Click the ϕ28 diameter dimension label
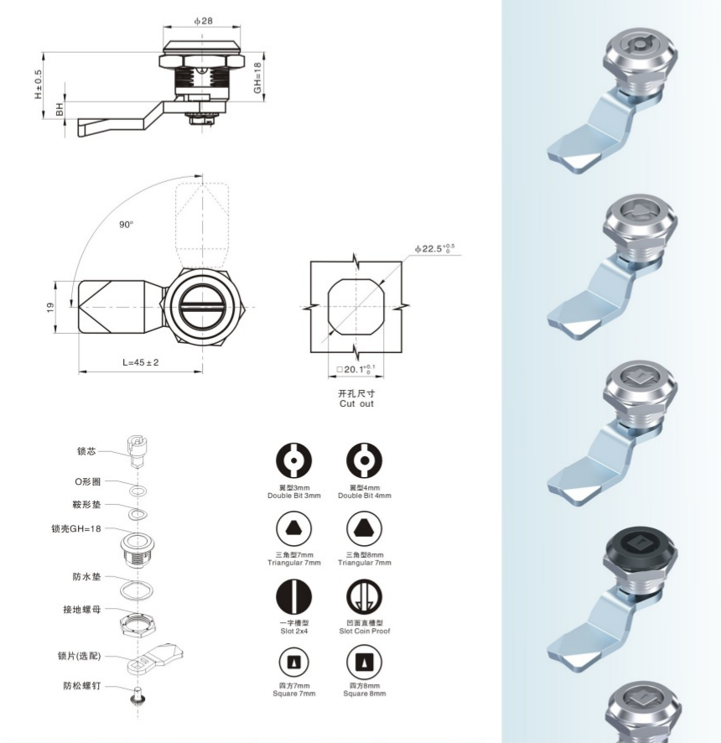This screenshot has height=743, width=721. click(203, 21)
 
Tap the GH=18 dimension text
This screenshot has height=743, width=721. click(257, 78)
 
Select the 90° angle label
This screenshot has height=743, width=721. click(126, 225)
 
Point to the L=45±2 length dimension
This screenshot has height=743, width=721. click(141, 362)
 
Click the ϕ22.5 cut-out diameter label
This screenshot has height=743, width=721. click(434, 248)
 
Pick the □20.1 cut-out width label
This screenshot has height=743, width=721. click(355, 369)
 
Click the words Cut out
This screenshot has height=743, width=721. click(356, 403)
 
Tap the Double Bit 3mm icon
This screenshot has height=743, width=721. click(293, 460)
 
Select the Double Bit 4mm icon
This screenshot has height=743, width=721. click(365, 460)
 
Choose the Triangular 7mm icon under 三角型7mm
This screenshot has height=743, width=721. click(293, 529)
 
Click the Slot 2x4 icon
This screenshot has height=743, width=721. click(293, 596)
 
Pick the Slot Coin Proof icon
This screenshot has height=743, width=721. click(365, 596)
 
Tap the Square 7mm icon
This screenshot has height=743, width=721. click(293, 662)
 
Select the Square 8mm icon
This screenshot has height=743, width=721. click(365, 662)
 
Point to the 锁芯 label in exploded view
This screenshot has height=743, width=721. click(86, 451)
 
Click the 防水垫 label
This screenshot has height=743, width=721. click(86, 577)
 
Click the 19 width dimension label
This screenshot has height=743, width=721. click(50, 308)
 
